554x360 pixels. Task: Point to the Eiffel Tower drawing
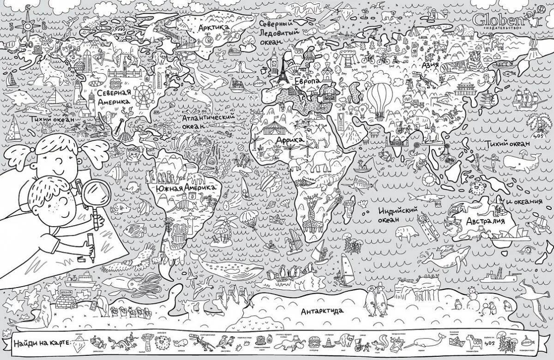pyautogui.click(x=282, y=72)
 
